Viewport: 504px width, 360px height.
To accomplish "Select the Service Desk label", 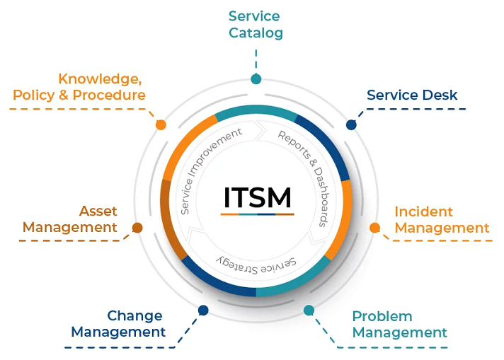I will [412, 95].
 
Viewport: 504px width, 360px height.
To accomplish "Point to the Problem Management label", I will [399, 324].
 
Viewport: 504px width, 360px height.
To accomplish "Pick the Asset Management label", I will [70, 219].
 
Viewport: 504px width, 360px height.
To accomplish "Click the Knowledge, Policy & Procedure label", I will [79, 86].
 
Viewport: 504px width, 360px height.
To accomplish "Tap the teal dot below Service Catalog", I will [256, 79].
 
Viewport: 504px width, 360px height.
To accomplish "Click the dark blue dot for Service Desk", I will [351, 124].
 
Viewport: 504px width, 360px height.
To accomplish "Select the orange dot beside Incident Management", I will [375, 228].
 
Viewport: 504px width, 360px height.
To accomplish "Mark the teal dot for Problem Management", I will [309, 310].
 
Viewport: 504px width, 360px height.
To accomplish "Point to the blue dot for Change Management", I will [203, 310].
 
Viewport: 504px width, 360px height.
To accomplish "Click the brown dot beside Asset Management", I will [137, 228].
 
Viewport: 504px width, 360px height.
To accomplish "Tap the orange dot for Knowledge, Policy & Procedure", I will [161, 124].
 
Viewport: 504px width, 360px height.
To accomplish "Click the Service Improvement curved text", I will [210, 169].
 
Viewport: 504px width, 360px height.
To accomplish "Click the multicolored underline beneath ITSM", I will [256, 214].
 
